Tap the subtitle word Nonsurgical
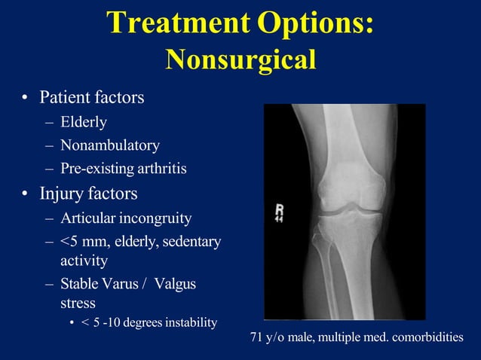[240, 59]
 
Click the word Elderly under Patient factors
[84, 122]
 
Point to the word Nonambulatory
[110, 145]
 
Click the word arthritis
[158, 169]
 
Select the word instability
[189, 322]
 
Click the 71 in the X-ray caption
[257, 337]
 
